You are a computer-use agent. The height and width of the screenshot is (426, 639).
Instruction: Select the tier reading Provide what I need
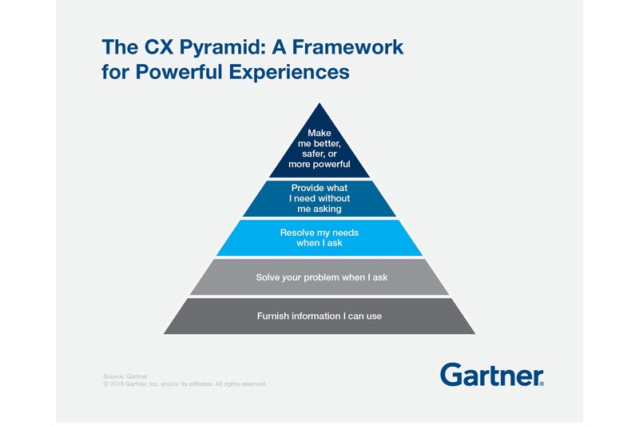319,198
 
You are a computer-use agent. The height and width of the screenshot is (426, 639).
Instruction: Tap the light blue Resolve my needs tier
319,237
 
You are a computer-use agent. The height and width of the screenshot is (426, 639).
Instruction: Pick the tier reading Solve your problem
319,277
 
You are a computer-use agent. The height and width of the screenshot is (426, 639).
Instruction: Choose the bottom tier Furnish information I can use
319,317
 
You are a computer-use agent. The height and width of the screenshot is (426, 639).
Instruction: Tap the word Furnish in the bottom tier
273,317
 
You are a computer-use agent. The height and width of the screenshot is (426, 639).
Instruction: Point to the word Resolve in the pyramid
297,233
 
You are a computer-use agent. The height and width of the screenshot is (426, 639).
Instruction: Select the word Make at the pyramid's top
319,133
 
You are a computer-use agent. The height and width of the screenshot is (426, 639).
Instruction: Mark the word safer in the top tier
309,153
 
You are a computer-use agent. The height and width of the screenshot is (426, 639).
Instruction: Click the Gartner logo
491,375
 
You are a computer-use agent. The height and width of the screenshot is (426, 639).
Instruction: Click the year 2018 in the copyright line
121,384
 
